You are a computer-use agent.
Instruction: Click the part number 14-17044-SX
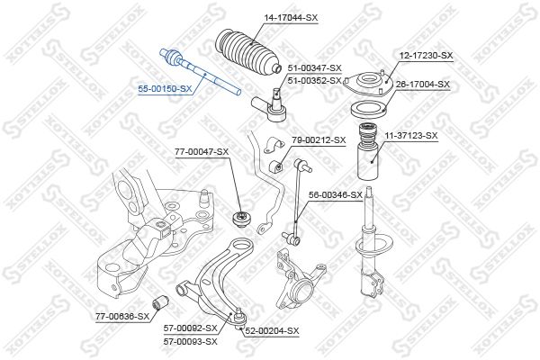click(x=291, y=18)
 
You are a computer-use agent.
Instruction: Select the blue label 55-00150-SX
click(x=165, y=89)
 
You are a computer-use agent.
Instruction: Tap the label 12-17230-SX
click(x=426, y=55)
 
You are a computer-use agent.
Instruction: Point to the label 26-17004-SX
click(x=423, y=84)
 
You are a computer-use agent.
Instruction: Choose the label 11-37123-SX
click(x=411, y=136)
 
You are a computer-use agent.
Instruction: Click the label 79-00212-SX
click(x=319, y=139)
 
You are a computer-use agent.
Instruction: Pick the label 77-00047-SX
click(x=202, y=151)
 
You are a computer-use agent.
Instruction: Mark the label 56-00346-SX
click(x=336, y=195)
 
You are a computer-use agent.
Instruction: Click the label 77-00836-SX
click(x=122, y=316)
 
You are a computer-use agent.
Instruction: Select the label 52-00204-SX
click(x=272, y=331)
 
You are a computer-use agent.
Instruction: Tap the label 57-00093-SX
click(x=191, y=342)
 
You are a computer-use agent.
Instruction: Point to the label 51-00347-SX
click(x=314, y=67)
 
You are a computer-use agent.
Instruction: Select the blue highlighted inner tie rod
click(x=200, y=72)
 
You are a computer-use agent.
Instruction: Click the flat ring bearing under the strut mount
click(x=369, y=110)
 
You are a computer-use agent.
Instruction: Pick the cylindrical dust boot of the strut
click(x=368, y=151)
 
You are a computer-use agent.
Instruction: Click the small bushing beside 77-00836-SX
click(x=160, y=301)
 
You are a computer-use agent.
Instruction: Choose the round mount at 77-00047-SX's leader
click(x=240, y=219)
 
